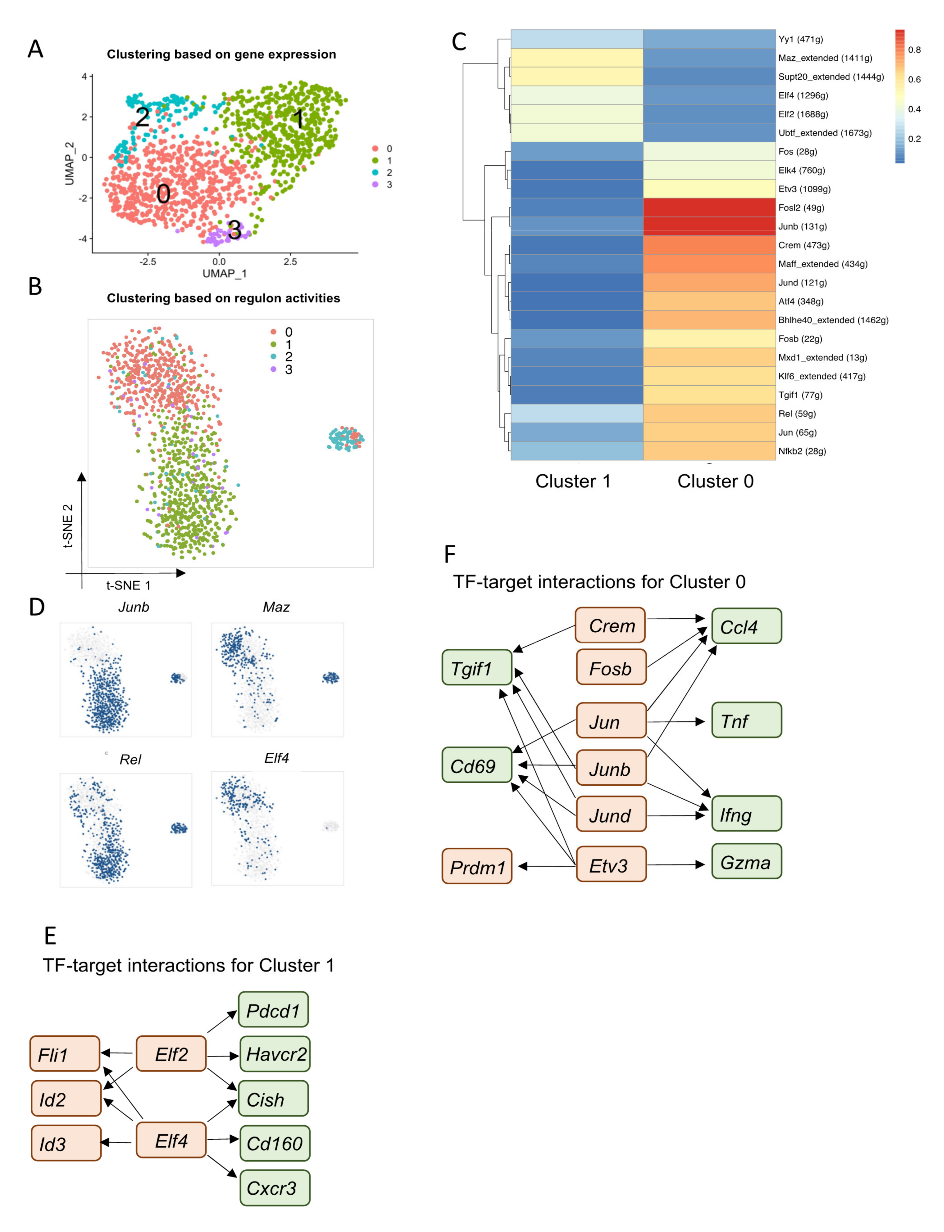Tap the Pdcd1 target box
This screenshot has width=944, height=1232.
(x=273, y=1010)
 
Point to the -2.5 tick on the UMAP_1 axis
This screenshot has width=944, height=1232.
(x=148, y=261)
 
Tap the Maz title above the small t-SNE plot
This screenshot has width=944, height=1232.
(x=276, y=607)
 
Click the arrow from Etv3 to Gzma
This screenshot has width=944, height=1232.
(x=674, y=865)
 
